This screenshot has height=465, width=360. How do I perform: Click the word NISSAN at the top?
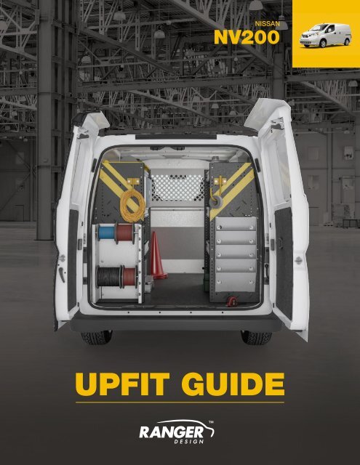click(265, 24)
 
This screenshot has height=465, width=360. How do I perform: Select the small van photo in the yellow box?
click(324, 34)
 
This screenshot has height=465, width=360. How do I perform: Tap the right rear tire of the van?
click(256, 337)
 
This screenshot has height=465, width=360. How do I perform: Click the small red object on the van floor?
click(233, 299)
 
